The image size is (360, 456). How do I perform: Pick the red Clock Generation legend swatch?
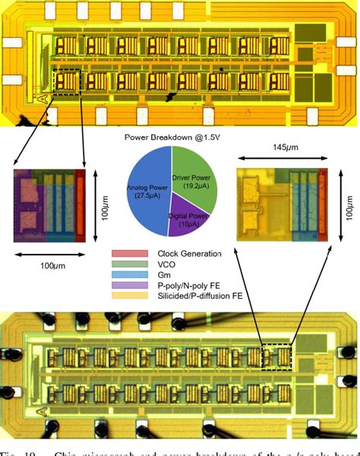click(130, 253)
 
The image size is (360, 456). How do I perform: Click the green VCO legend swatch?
click(130, 264)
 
